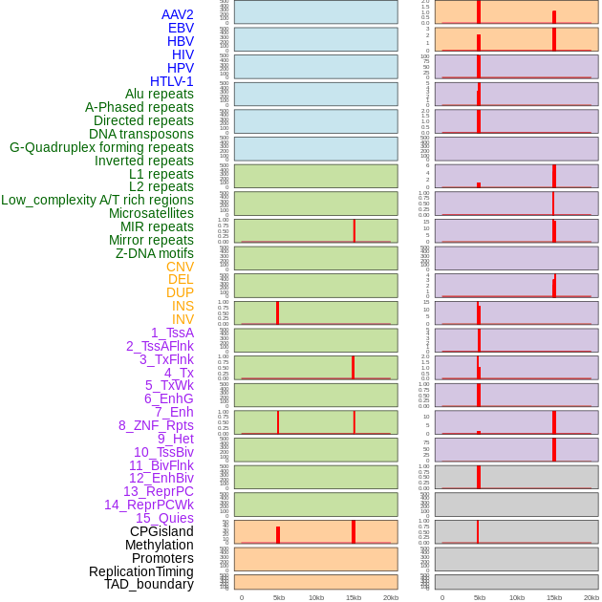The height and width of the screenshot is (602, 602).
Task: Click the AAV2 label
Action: [177, 14]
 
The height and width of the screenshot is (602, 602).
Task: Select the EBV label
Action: [180, 28]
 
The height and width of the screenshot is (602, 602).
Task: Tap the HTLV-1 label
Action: [171, 81]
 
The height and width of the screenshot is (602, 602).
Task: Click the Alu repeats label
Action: [159, 94]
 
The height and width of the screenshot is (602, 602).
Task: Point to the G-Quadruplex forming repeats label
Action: [101, 147]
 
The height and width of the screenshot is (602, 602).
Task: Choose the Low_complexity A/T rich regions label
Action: [97, 200]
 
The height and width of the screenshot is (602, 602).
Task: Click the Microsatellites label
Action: [151, 213]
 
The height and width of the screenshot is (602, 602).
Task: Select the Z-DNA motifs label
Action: [154, 253]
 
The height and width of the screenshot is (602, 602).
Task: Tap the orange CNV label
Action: [180, 267]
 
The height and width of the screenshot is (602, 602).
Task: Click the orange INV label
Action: [183, 319]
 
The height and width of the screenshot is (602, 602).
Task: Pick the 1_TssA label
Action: [172, 333]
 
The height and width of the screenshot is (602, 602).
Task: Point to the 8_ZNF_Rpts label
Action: [156, 425]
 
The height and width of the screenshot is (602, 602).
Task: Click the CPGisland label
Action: [161, 531]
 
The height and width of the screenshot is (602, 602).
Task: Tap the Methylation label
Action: [159, 545]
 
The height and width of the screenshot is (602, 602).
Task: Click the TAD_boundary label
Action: [148, 584]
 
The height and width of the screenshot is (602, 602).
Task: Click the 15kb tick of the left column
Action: [353, 597]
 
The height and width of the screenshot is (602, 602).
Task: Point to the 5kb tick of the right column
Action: [479, 597]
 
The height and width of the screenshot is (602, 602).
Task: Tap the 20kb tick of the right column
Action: [591, 597]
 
